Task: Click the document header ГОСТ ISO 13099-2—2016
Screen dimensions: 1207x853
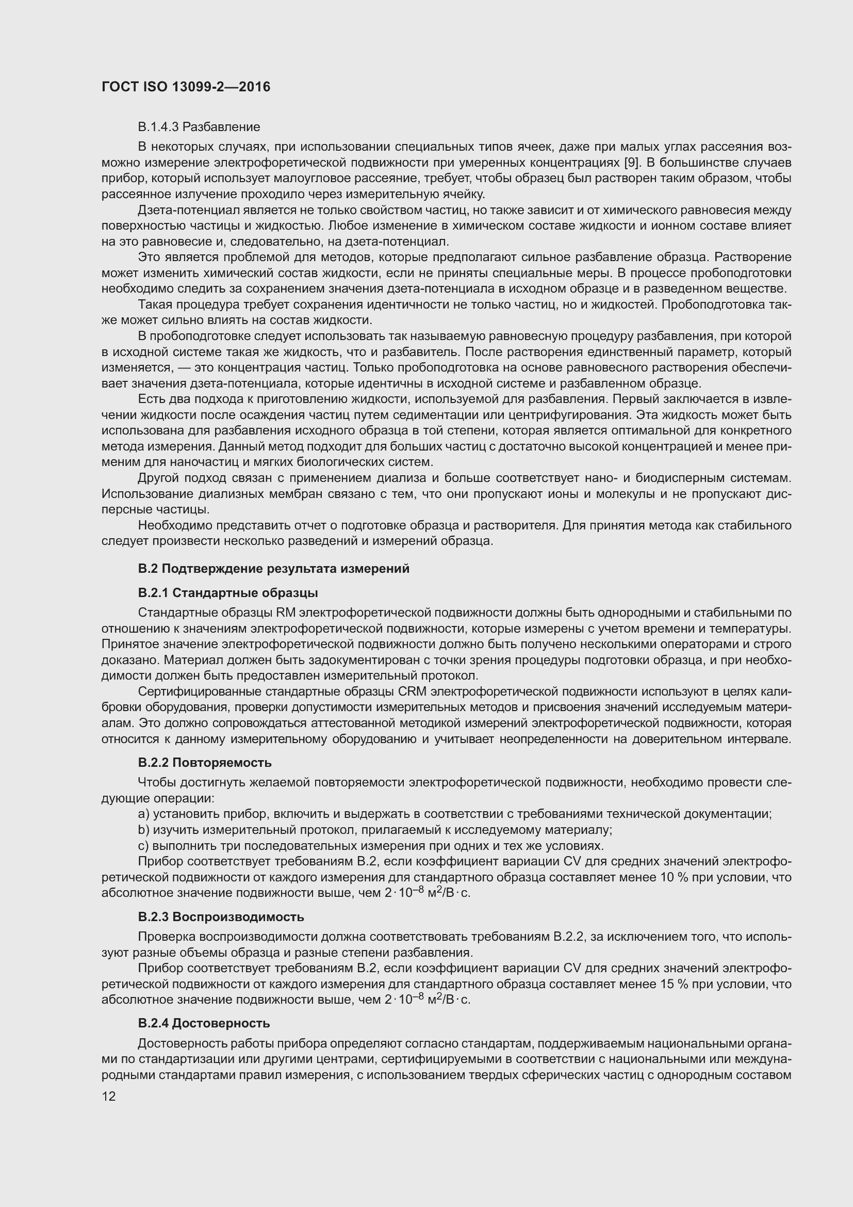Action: (x=186, y=87)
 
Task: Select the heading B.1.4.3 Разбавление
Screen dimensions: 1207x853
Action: (x=199, y=127)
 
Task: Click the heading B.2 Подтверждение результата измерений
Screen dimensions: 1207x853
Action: (x=274, y=568)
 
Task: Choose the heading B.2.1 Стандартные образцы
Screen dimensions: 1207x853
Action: (x=228, y=593)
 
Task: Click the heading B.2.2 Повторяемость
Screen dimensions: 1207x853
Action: (x=205, y=762)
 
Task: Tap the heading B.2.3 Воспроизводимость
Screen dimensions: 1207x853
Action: (x=221, y=917)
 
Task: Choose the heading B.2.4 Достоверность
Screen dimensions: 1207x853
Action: (x=204, y=1023)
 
